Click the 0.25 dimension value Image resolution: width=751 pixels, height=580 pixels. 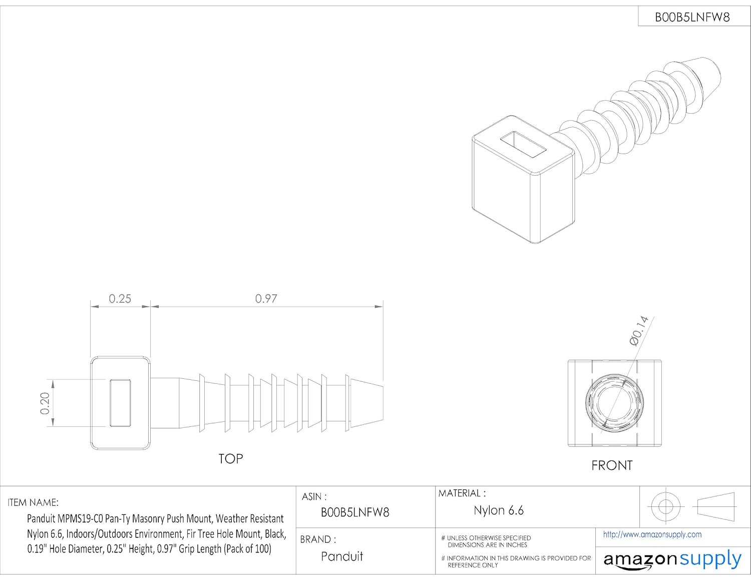point(120,299)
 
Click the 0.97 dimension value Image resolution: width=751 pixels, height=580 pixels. point(266,299)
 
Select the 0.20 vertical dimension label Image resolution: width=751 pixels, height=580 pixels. point(45,403)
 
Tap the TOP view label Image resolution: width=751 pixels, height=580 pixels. point(230,459)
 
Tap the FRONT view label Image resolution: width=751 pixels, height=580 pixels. point(611,465)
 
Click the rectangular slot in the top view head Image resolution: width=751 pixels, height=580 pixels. point(120,403)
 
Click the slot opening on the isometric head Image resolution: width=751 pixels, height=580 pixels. point(523,145)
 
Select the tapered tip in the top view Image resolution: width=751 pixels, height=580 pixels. point(367,403)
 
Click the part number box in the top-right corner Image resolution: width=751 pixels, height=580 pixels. point(692,17)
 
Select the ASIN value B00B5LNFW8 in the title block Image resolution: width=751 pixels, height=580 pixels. point(354,512)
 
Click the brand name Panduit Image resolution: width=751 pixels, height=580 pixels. point(342,556)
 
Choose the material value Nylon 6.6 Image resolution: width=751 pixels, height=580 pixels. point(498,510)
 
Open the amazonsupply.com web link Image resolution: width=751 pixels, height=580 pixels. point(652,534)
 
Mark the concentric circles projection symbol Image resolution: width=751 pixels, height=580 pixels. point(665,506)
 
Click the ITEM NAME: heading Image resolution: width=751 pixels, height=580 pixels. point(33,502)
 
